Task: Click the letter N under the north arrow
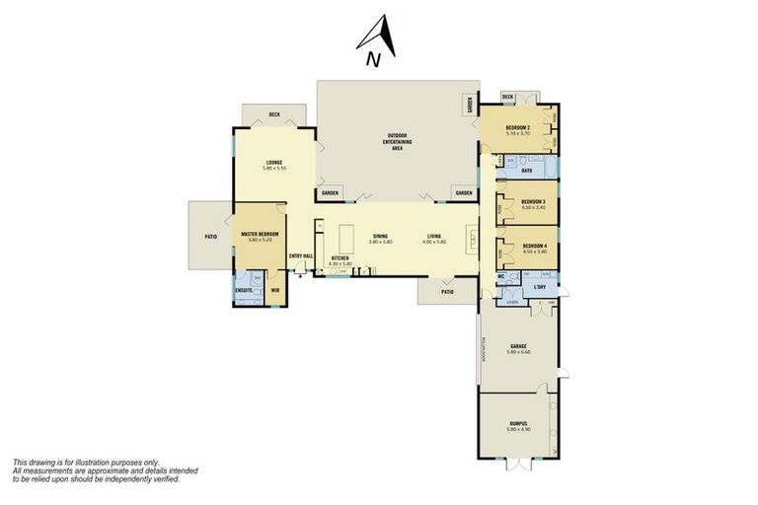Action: pos(373,60)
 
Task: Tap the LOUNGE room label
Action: pos(274,163)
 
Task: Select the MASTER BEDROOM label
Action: pos(260,234)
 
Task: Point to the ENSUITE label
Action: pos(243,290)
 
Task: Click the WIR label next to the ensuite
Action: pos(275,290)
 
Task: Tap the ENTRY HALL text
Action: pos(301,256)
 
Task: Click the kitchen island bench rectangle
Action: pos(346,238)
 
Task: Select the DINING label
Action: pos(380,235)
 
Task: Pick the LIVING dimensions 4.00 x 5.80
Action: pos(435,242)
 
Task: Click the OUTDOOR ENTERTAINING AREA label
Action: pos(398,139)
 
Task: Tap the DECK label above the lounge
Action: pos(273,115)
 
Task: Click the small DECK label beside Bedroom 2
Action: pos(507,97)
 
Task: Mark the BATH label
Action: pos(527,171)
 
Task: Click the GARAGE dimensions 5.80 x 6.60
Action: pos(519,352)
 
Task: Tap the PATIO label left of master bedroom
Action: pos(210,237)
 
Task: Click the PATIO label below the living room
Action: pos(447,292)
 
